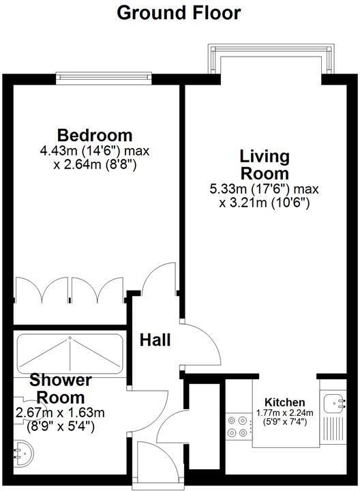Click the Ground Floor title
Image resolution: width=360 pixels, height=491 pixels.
[179, 12]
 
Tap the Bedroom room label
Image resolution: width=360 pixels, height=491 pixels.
[95, 134]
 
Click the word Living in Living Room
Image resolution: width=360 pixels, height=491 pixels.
[265, 156]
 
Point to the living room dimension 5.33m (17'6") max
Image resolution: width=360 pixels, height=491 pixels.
[265, 189]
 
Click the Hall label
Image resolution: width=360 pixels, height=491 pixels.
[155, 340]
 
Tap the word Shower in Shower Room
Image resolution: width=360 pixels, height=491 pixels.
[60, 381]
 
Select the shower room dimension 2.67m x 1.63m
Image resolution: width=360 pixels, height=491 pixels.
[60, 413]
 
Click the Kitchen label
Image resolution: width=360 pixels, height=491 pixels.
[285, 402]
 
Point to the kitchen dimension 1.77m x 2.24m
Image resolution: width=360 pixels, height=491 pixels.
[285, 413]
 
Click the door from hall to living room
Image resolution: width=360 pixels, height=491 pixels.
[202, 344]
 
